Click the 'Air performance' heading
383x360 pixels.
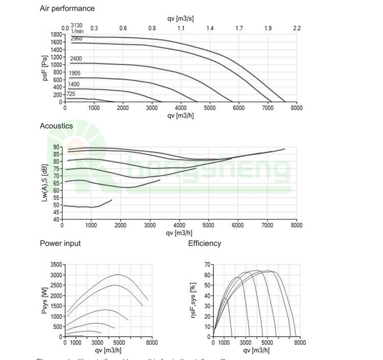[67, 8]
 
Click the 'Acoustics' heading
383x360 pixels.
[56, 126]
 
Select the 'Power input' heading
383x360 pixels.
[60, 243]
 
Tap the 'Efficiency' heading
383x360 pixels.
[205, 243]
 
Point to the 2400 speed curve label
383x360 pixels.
[76, 59]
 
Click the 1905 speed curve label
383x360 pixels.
[75, 73]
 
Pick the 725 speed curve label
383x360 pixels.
[70, 94]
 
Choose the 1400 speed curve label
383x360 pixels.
[74, 84]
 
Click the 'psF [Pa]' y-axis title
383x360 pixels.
[45, 67]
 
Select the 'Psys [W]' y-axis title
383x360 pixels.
[45, 300]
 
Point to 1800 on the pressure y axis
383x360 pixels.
[56, 35]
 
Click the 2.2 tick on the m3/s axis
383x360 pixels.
[297, 28]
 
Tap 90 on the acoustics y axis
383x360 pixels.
[56, 148]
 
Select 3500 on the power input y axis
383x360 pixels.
[57, 265]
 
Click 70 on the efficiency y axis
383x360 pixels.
[207, 265]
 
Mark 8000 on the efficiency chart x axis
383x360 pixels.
[300, 343]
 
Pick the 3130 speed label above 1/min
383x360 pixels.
[77, 25]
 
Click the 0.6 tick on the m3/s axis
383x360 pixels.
[123, 28]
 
